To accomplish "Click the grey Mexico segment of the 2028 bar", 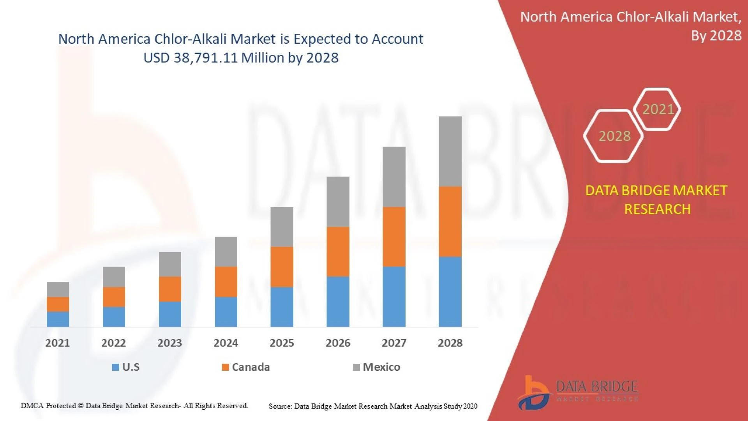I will pos(450,151).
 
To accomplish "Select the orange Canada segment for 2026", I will pos(338,252).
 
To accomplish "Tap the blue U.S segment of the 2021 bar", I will pos(58,319).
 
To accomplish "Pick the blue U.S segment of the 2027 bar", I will pos(394,297).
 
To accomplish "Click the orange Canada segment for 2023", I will pos(170,289).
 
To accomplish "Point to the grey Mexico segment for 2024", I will pos(226,251).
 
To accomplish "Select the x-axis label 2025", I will pos(282,343).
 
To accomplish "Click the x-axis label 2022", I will pos(113,343).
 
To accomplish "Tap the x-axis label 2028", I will pos(450,343).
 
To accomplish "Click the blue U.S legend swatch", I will pos(116,367).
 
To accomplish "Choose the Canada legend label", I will pos(251,367).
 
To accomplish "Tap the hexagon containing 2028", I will pos(614,136).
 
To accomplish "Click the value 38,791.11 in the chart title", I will pos(205,58).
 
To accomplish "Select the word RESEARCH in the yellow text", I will pos(657,209).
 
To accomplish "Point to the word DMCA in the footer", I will pos(32,406).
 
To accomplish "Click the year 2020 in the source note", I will pos(470,406).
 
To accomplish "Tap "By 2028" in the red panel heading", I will pos(716,36).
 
